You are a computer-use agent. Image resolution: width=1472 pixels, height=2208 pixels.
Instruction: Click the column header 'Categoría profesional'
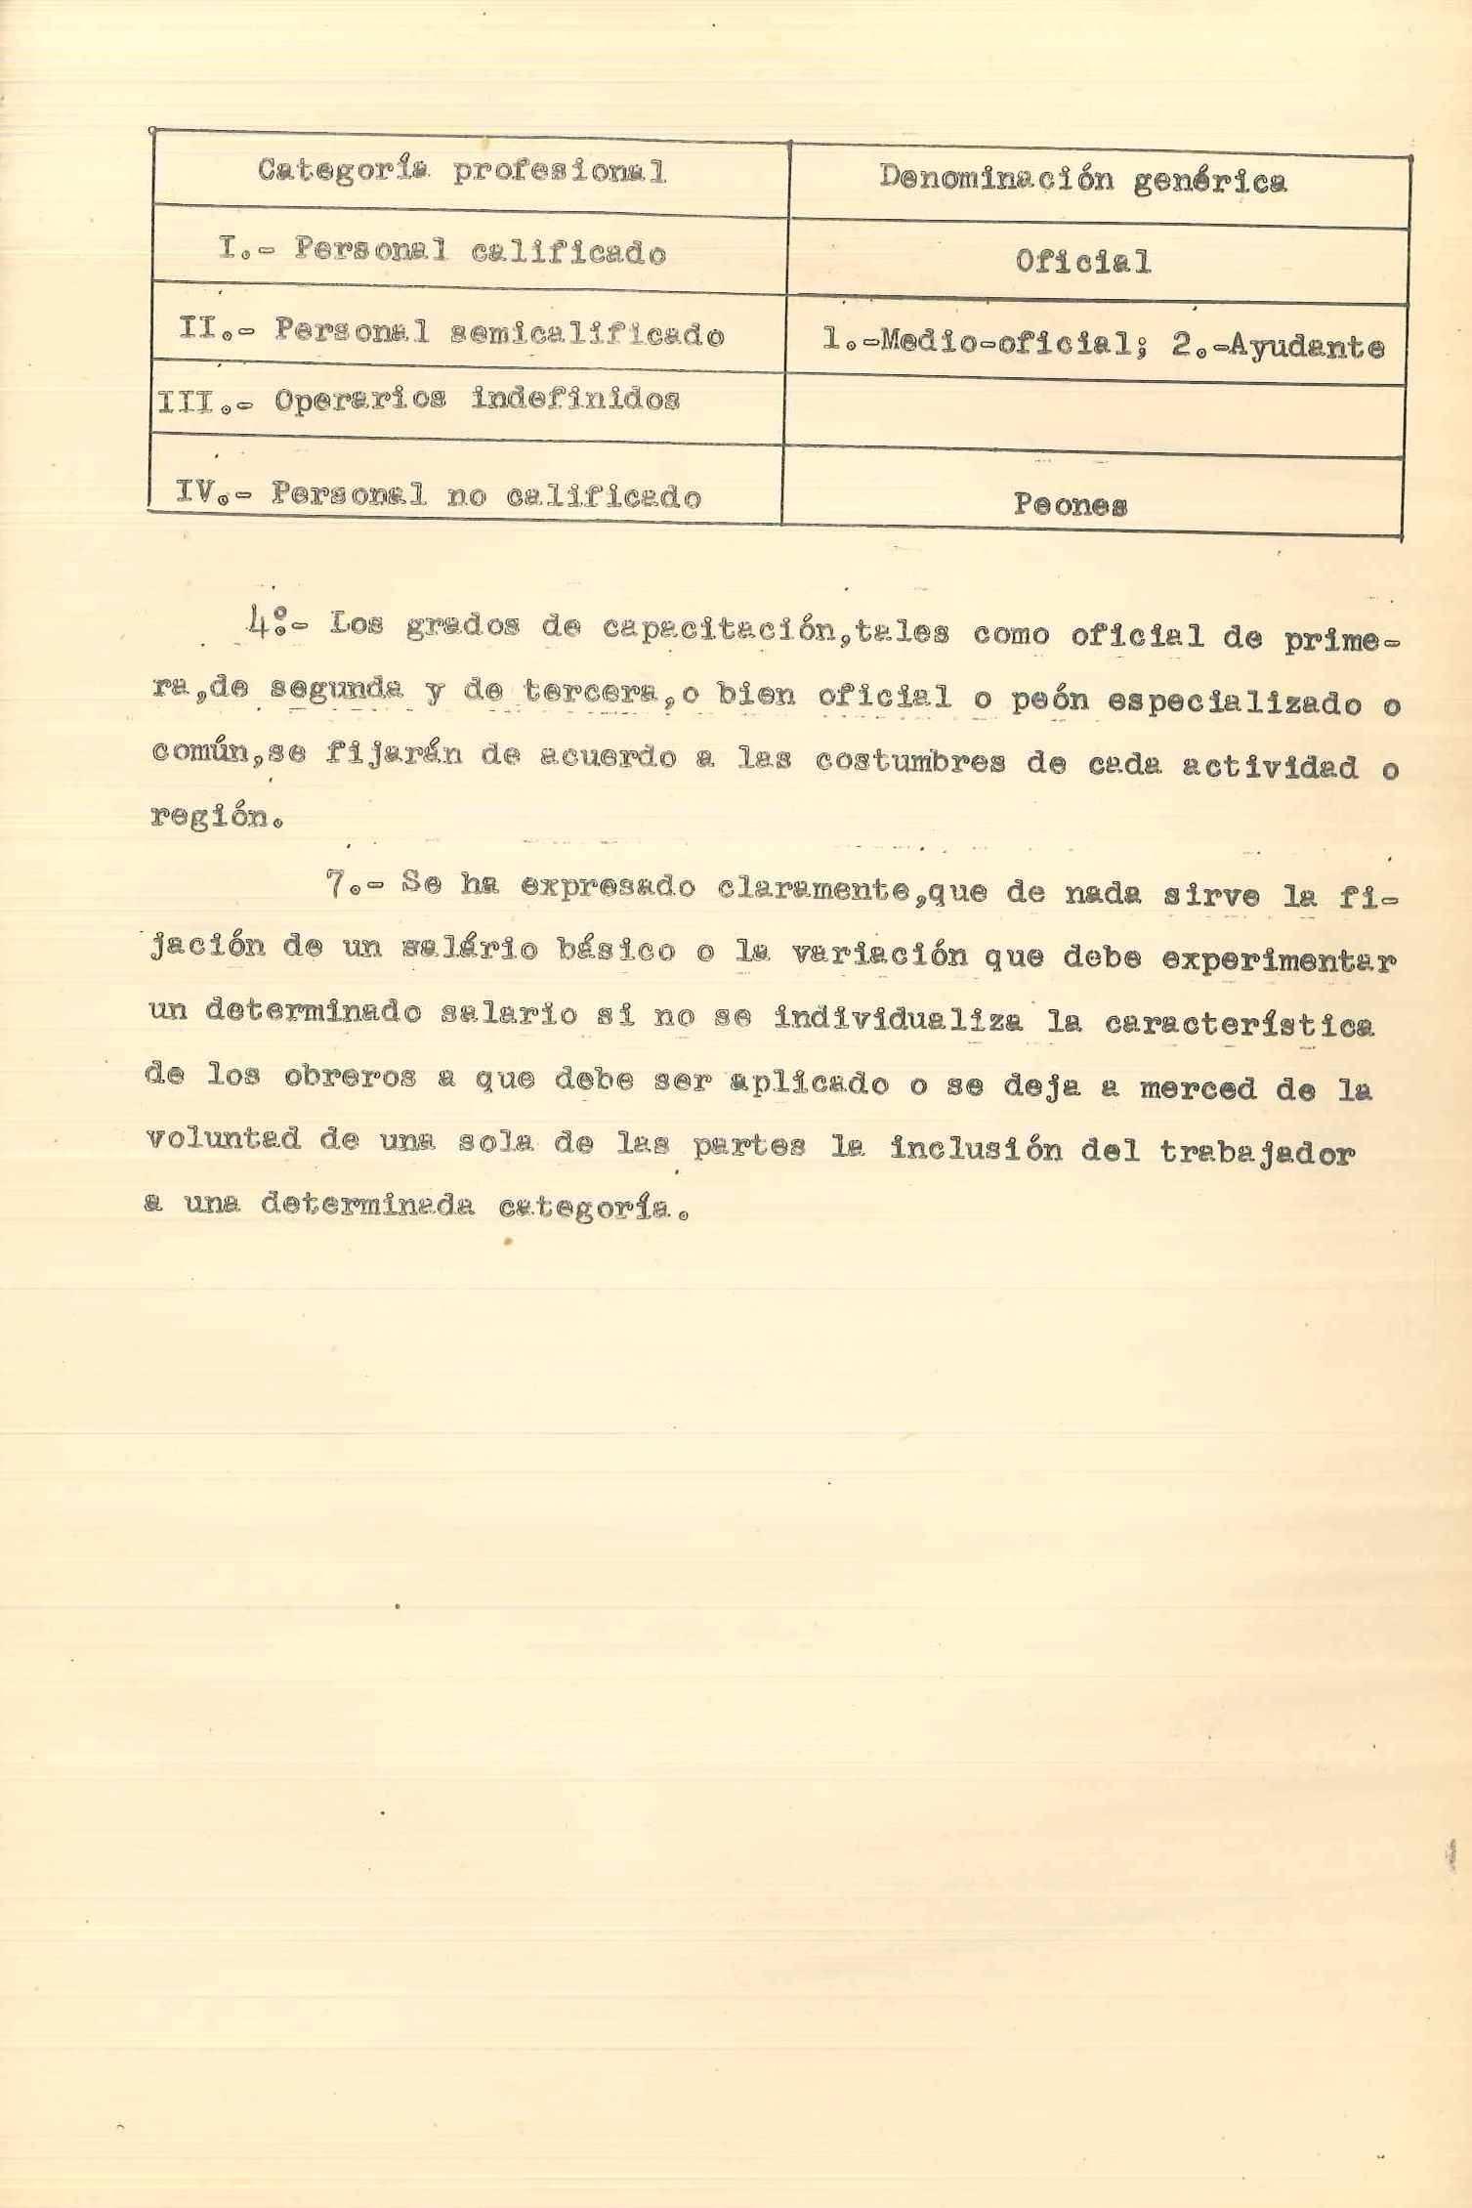(462, 172)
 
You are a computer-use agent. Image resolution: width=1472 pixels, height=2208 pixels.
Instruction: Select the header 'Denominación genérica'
(1082, 180)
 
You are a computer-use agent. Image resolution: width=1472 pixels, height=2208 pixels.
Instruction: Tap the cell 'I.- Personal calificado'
(442, 251)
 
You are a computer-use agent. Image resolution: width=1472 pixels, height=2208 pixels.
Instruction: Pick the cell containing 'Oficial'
(1082, 262)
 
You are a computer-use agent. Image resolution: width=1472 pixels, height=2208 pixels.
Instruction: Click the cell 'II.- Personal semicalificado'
(451, 333)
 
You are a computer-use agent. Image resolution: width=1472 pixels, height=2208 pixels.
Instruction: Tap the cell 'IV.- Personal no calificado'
(439, 495)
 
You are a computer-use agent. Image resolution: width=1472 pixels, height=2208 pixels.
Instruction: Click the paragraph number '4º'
(264, 624)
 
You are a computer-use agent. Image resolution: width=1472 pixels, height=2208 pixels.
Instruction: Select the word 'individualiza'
(898, 1022)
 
